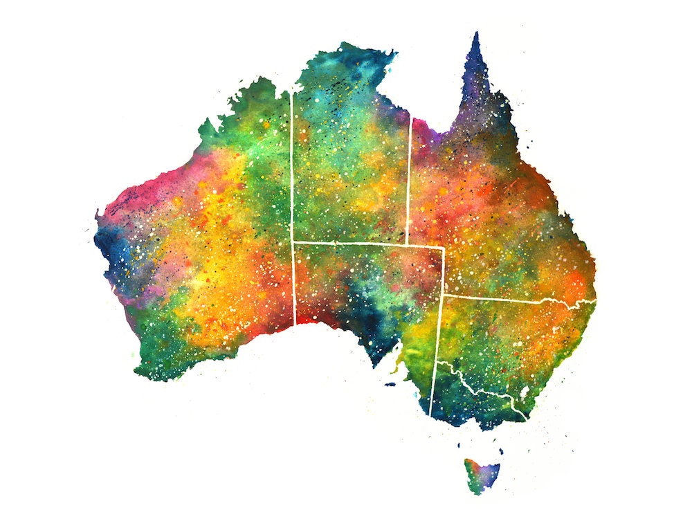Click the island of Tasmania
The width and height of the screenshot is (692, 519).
480,475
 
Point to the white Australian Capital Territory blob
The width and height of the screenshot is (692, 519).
525,393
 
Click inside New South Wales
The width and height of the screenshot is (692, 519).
512,339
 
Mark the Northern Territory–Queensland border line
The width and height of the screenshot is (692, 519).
409,180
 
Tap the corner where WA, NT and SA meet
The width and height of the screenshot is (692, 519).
293,242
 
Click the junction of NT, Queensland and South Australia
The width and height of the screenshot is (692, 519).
407,244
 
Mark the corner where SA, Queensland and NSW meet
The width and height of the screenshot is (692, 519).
443,295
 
